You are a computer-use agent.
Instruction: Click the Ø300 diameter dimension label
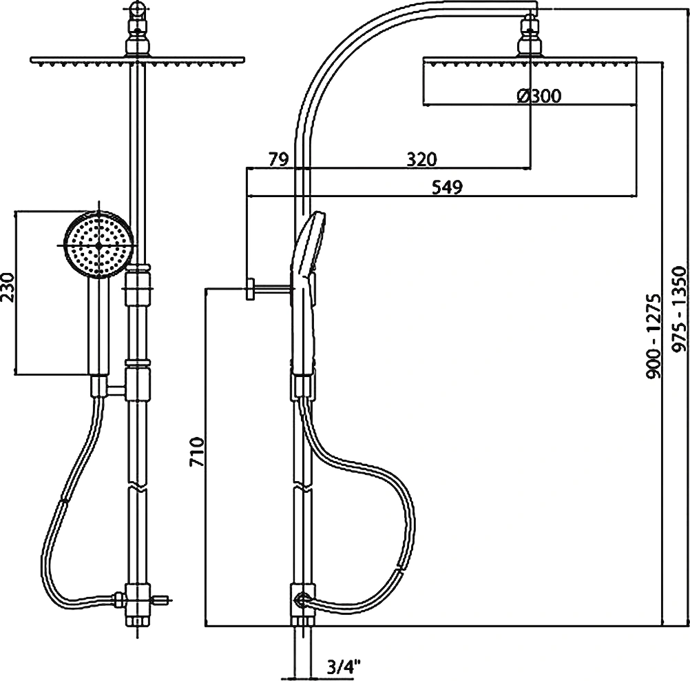tap(539, 96)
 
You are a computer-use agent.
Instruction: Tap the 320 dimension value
tap(421, 159)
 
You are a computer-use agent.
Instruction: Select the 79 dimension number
tap(279, 159)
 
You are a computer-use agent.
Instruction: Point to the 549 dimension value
tap(447, 187)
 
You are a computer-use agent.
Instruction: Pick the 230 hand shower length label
tap(8, 287)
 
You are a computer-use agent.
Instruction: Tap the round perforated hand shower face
tap(98, 245)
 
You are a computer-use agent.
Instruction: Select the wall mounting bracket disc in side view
tap(251, 289)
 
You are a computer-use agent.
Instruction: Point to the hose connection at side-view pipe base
tap(303, 600)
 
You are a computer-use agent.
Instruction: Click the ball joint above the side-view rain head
tap(531, 35)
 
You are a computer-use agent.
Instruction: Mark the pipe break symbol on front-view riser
tap(138, 488)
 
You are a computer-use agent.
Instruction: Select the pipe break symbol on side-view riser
tap(303, 488)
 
